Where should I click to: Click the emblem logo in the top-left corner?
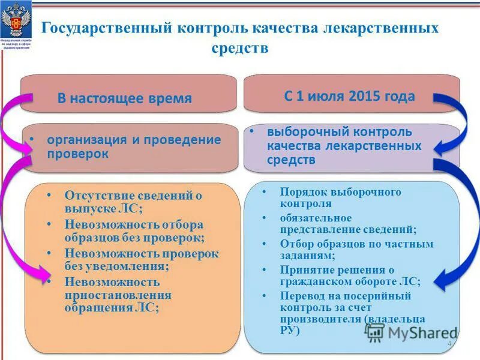click(x=16, y=24)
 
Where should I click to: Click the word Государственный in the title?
click(x=104, y=28)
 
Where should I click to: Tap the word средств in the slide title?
click(x=239, y=48)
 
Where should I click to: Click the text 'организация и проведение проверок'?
click(x=133, y=146)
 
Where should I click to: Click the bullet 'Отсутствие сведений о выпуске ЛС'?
click(x=133, y=202)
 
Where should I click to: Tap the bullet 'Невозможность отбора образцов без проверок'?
click(x=134, y=231)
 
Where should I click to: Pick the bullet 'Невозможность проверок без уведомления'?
click(x=142, y=259)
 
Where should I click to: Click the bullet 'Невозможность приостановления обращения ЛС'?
click(x=118, y=295)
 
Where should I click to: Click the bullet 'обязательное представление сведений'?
click(x=348, y=223)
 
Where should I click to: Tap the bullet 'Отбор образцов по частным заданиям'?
click(x=356, y=250)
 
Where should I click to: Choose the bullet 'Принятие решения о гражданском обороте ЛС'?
click(x=350, y=275)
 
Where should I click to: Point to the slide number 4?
click(x=449, y=343)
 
